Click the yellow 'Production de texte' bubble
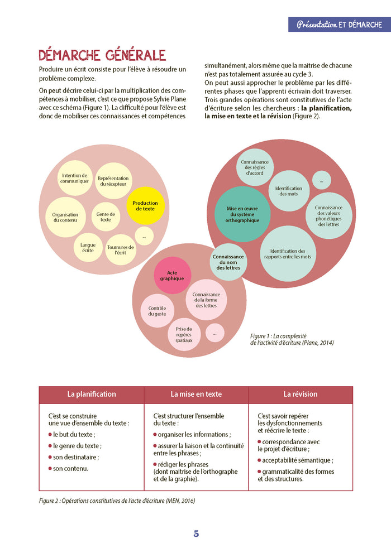pyautogui.click(x=145, y=206)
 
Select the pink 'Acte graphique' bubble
pyautogui.click(x=172, y=276)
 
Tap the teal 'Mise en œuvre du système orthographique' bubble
pyautogui.click(x=242, y=214)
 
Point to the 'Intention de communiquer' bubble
pyautogui.click(x=75, y=179)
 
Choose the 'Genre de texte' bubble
pyautogui.click(x=106, y=217)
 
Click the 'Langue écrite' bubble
pyautogui.click(x=88, y=248)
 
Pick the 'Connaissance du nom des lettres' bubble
pyautogui.click(x=228, y=262)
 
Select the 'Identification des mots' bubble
pyautogui.click(x=289, y=191)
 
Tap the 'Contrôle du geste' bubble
pyautogui.click(x=158, y=311)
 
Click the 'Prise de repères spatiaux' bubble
pyautogui.click(x=184, y=334)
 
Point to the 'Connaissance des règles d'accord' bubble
pyautogui.click(x=255, y=167)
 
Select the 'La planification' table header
pyautogui.click(x=92, y=395)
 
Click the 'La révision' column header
pyautogui.click(x=301, y=395)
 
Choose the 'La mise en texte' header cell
pyautogui.click(x=196, y=395)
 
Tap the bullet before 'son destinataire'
pyautogui.click(x=50, y=457)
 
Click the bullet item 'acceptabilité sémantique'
pyautogui.click(x=295, y=460)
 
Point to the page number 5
pyautogui.click(x=196, y=533)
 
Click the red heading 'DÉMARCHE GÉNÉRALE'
pyautogui.click(x=102, y=55)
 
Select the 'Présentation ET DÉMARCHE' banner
pyautogui.click(x=340, y=25)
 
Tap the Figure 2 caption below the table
pyautogui.click(x=117, y=501)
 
